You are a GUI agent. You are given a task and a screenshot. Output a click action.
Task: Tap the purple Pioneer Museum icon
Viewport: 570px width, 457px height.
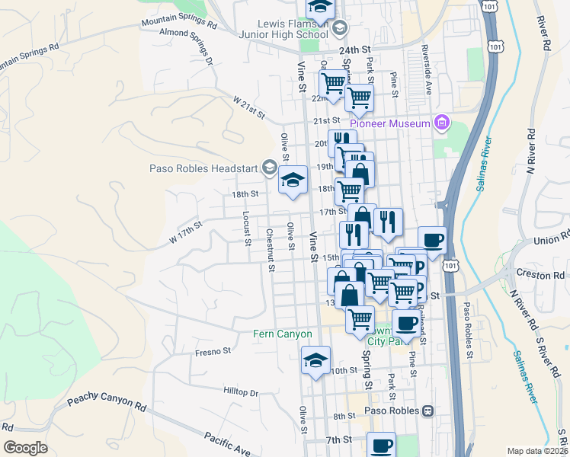pyautogui.click(x=441, y=123)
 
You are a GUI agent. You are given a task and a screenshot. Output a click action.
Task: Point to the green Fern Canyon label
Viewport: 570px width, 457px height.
pyautogui.click(x=283, y=334)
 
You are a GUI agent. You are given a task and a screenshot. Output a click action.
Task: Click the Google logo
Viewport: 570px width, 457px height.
pyautogui.click(x=25, y=448)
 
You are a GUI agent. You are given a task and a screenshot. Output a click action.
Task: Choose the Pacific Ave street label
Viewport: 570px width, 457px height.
pyautogui.click(x=226, y=443)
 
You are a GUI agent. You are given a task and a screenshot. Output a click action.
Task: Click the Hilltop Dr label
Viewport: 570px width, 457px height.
pyautogui.click(x=241, y=393)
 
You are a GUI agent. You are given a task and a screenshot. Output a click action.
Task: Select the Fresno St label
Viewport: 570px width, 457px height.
pyautogui.click(x=213, y=352)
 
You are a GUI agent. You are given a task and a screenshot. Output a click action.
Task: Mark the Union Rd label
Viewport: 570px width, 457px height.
pyautogui.click(x=552, y=241)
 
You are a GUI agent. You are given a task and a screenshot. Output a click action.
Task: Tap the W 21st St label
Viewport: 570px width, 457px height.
pyautogui.click(x=248, y=108)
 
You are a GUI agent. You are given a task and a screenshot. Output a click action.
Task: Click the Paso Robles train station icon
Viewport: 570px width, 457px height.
pyautogui.click(x=428, y=411)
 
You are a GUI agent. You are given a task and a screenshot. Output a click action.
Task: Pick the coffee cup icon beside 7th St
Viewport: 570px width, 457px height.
pyautogui.click(x=381, y=446)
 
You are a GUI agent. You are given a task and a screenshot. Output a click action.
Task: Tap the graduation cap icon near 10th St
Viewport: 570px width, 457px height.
pyautogui.click(x=315, y=360)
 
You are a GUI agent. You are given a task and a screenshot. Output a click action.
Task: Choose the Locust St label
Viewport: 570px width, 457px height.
pyautogui.click(x=247, y=228)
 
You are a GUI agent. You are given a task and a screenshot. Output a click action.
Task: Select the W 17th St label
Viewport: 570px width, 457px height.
pyautogui.click(x=185, y=232)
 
